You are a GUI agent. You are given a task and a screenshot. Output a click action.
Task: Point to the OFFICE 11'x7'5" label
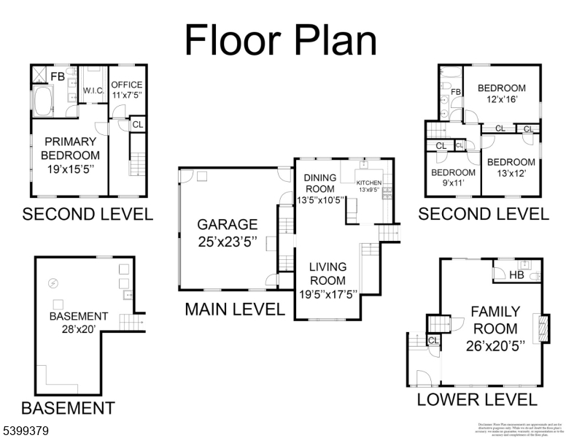[127, 90]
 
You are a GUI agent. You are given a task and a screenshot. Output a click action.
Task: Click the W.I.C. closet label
[93, 91]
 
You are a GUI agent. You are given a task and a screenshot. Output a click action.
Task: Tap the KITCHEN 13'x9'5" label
[369, 186]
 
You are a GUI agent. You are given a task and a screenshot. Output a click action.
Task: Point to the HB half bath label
[516, 275]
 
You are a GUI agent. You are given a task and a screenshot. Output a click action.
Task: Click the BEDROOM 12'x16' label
[501, 94]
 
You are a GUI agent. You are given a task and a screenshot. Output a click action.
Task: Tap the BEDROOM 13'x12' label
[511, 168]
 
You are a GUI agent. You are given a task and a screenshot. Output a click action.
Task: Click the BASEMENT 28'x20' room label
[79, 323]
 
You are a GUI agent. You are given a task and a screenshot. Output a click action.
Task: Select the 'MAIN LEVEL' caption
[234, 310]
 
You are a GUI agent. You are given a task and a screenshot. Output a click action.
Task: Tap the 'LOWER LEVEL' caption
[476, 399]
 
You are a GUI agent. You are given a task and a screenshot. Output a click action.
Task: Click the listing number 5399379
[26, 431]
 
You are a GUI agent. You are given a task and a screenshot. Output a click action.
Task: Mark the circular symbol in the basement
[53, 283]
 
